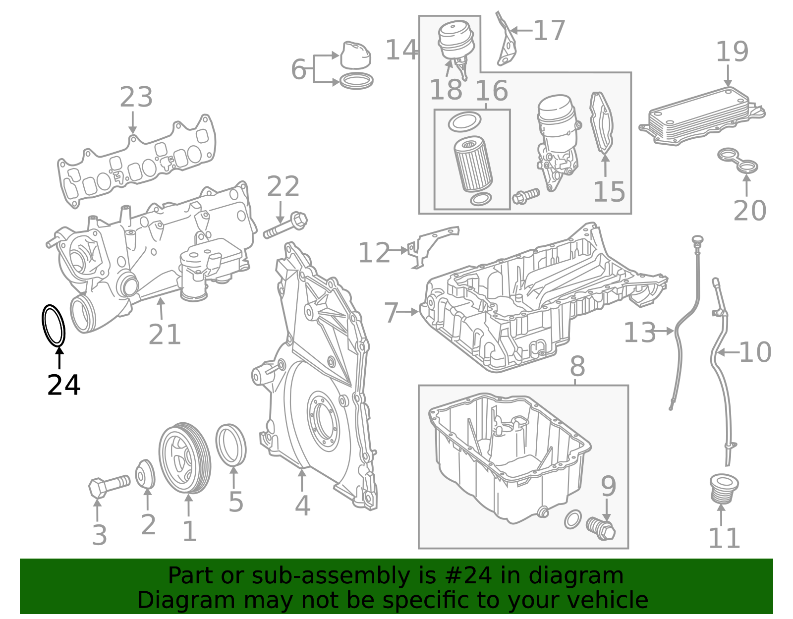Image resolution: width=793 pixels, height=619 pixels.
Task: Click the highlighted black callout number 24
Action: pyautogui.click(x=63, y=385)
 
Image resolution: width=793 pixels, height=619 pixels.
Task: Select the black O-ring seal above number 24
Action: pyautogui.click(x=53, y=326)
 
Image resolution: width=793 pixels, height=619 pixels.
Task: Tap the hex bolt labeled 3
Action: pyautogui.click(x=109, y=485)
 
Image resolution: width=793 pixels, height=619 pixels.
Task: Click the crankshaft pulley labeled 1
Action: pyautogui.click(x=184, y=458)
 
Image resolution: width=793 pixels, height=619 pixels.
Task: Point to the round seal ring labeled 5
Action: pyautogui.click(x=231, y=445)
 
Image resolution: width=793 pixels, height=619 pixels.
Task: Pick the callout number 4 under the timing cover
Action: pyautogui.click(x=302, y=506)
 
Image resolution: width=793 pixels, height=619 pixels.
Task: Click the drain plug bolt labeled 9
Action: pyautogui.click(x=601, y=529)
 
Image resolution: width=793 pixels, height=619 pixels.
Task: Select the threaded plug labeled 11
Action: pyautogui.click(x=724, y=488)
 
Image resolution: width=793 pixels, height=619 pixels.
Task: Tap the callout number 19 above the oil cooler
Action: pyautogui.click(x=732, y=52)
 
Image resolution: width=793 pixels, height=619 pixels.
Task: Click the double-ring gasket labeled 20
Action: pyautogui.click(x=738, y=161)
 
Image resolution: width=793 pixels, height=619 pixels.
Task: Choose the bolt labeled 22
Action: pyautogui.click(x=285, y=226)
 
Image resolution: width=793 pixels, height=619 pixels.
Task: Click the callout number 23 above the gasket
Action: pyautogui.click(x=136, y=97)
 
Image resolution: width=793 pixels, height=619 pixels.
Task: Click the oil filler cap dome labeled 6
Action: pyautogui.click(x=355, y=55)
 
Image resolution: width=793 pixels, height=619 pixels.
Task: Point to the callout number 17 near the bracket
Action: pyautogui.click(x=549, y=31)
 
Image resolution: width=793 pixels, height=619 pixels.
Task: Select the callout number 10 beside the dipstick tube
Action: pyautogui.click(x=755, y=352)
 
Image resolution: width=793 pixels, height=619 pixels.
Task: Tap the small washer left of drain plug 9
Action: pyautogui.click(x=572, y=519)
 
